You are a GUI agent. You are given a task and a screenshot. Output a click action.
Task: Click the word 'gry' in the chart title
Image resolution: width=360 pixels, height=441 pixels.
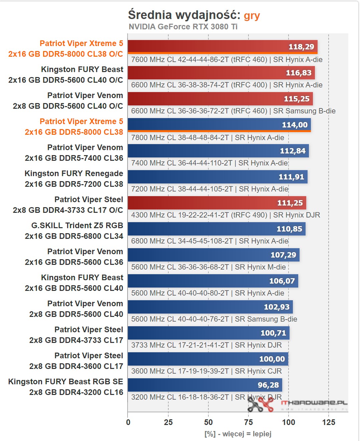[x=252, y=16]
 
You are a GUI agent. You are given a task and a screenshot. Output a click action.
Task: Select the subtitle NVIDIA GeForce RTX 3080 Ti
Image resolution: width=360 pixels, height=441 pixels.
[x=183, y=27]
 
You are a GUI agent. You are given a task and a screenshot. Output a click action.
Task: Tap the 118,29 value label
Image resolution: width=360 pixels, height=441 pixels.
[x=301, y=47]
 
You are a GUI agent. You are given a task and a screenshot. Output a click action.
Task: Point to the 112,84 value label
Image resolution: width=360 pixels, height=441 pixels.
[x=293, y=151]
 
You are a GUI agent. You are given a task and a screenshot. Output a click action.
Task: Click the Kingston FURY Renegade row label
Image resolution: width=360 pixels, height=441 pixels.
[x=74, y=179]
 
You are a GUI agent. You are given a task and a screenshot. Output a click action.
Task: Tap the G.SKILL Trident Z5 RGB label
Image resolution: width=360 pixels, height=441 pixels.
[x=77, y=231]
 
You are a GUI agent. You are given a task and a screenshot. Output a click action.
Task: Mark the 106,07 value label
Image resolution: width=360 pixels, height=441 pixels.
[x=282, y=281]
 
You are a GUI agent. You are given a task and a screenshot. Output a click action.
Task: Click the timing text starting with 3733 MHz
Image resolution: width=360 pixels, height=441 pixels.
[x=206, y=345]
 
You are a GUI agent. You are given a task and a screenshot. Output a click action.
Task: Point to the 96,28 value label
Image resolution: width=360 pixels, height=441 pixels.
[x=268, y=385]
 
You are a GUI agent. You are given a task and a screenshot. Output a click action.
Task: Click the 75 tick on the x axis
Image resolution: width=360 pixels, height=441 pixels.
[x=248, y=422]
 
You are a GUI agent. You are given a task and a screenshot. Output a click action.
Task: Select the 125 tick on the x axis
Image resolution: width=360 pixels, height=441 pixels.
[x=329, y=422]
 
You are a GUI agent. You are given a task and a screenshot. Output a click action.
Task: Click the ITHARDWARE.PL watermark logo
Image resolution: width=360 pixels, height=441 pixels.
[x=297, y=404]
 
